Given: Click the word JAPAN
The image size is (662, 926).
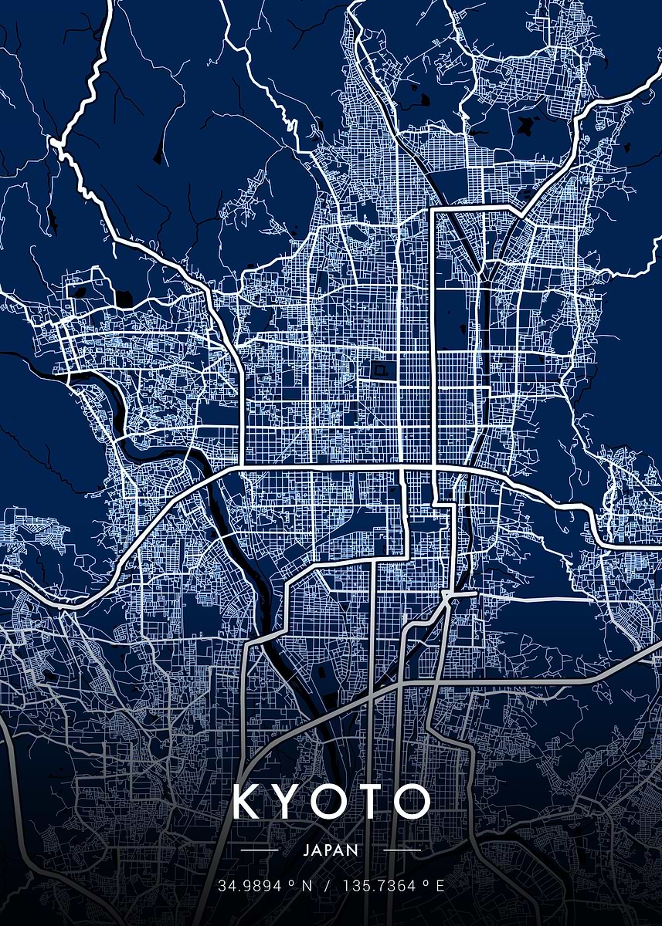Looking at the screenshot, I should coord(331,850).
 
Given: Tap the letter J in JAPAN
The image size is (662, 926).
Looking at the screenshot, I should coord(307,850).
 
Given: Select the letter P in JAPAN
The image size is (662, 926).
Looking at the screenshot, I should coord(331,850).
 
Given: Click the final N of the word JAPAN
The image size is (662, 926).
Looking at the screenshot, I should coord(354,850).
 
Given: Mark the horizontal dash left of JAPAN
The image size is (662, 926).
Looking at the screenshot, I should coord(260,850).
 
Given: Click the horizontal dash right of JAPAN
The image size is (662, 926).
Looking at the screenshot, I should coord(402,850).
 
